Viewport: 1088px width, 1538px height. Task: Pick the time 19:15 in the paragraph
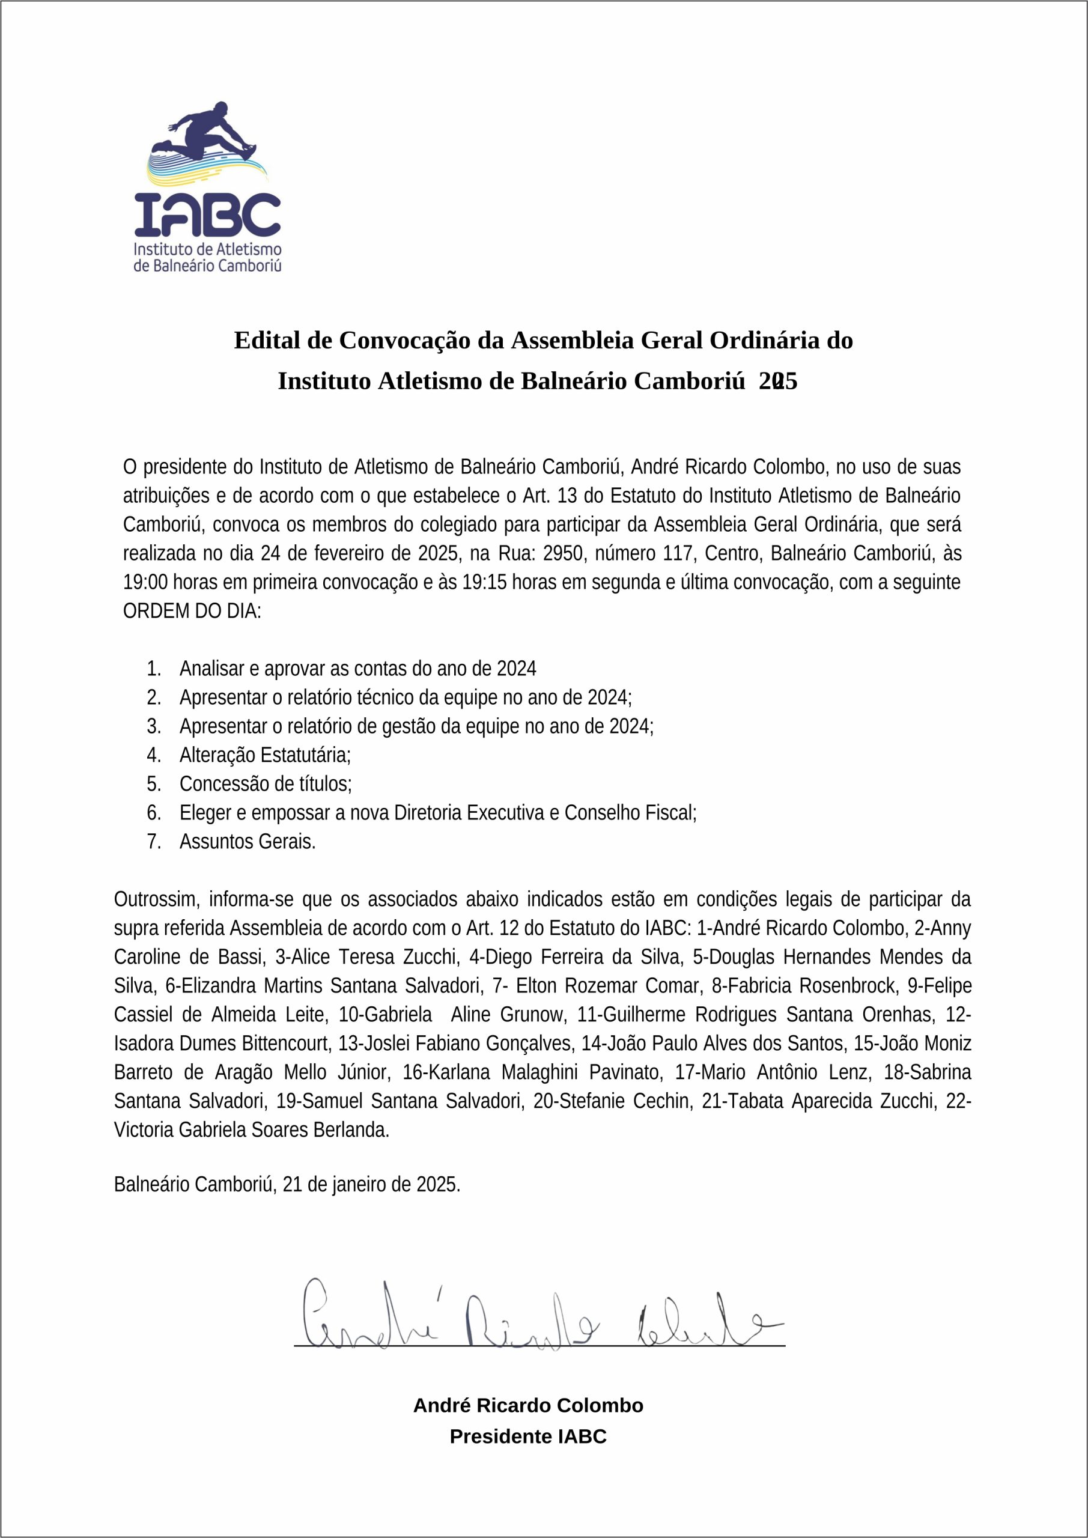484,582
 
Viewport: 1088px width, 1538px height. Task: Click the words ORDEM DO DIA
192,611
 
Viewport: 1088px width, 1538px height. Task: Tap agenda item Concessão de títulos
266,784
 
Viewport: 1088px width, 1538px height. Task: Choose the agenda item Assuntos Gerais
247,841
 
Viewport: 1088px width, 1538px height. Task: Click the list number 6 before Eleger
153,812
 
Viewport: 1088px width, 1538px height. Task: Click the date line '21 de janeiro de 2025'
371,1184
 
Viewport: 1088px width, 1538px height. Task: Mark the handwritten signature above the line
536,1313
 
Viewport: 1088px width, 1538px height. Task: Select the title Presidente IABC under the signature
528,1436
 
